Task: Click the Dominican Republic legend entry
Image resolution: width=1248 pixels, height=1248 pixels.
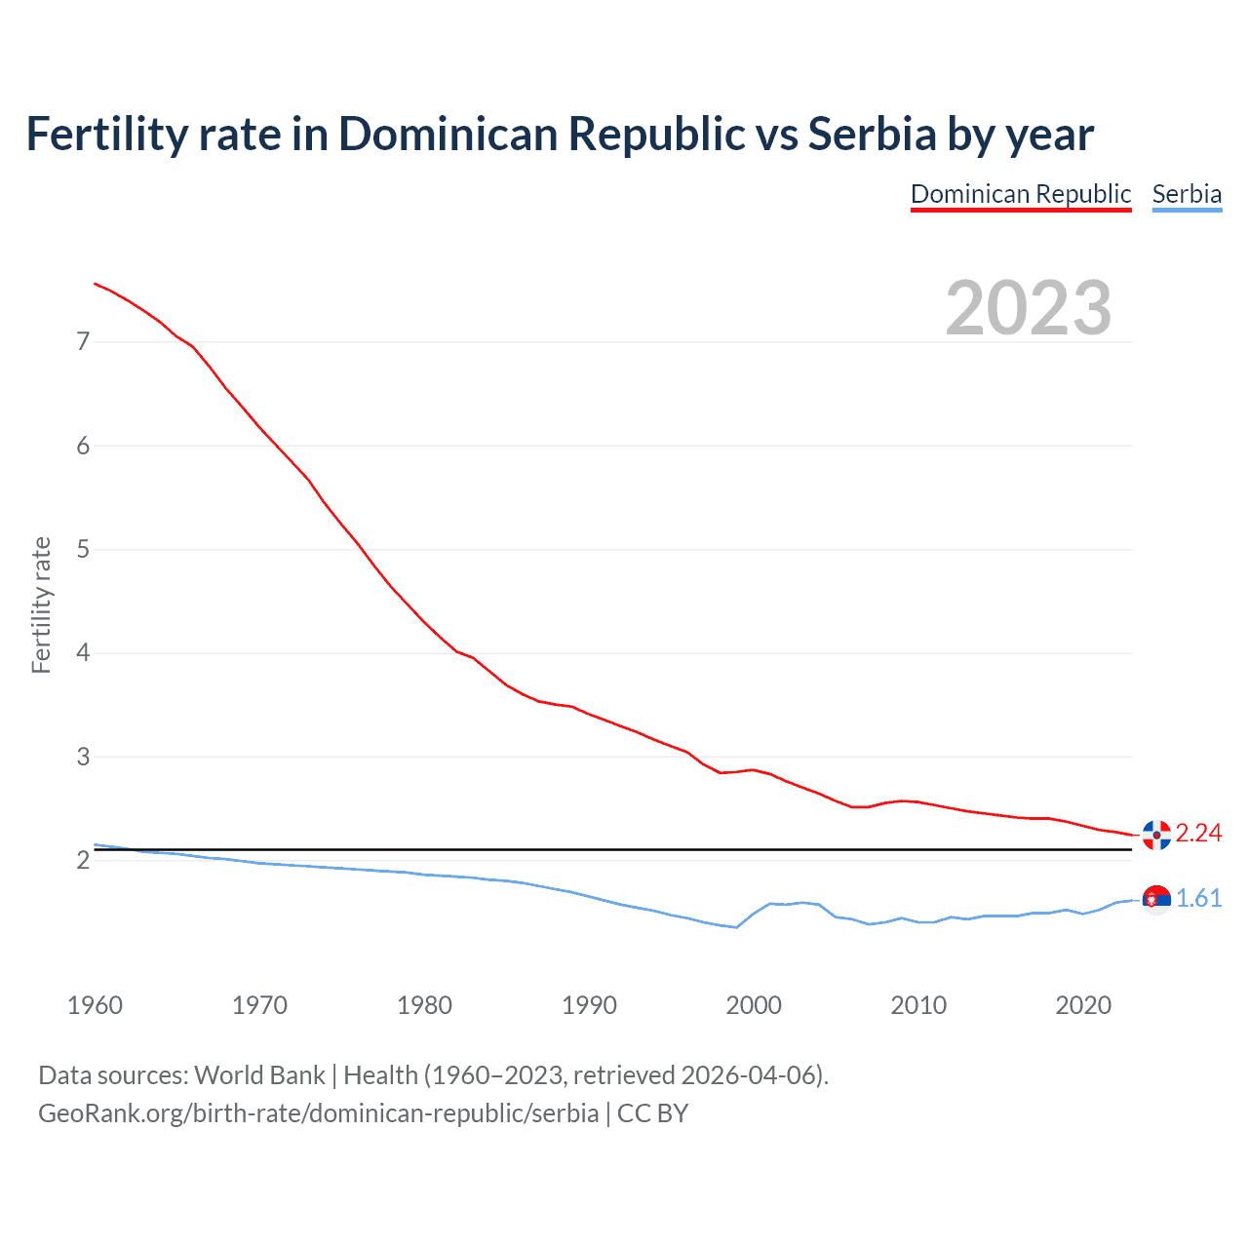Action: coord(1020,194)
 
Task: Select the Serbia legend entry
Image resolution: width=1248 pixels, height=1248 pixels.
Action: coord(1187,194)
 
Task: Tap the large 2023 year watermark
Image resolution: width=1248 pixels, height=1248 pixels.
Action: coord(1028,308)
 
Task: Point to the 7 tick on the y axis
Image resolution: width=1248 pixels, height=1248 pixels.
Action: coord(83,341)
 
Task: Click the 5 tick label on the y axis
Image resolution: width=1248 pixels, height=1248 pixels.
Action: coord(83,549)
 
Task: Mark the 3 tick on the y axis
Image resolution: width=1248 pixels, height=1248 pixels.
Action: coord(83,757)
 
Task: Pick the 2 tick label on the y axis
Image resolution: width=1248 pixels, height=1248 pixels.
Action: coord(83,860)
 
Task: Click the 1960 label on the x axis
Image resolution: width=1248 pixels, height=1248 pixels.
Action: coord(95,1005)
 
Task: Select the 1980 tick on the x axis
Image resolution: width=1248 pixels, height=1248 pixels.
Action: coord(424,1005)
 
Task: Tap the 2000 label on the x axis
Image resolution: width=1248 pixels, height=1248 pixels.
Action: coord(754,1005)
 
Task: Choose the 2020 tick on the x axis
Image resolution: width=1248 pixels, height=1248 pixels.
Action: coord(1083,1005)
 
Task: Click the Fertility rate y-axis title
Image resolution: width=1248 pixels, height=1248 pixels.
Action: coord(41,604)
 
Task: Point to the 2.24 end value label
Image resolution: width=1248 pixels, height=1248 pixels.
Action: coord(1198,833)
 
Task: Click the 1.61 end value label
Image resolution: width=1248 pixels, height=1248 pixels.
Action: coord(1198,898)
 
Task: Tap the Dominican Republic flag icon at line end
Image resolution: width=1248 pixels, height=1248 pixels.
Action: coord(1156,835)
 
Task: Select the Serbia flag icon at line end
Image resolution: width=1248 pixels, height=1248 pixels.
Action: coord(1156,899)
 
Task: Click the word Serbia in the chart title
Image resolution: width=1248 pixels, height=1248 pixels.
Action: coord(872,135)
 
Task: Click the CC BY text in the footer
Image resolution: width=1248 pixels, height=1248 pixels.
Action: coord(652,1113)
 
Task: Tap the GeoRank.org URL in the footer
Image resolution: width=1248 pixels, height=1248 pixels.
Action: coord(318,1113)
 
